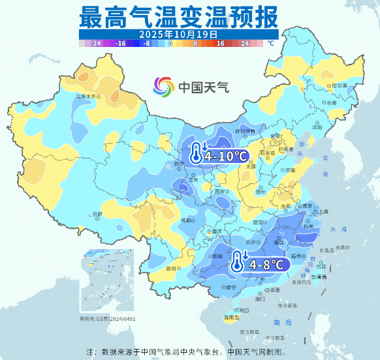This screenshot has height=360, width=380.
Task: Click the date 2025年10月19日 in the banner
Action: (x=178, y=33)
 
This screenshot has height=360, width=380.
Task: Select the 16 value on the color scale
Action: (x=220, y=44)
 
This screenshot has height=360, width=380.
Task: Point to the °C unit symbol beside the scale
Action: (x=270, y=44)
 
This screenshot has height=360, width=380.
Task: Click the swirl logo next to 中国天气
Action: (x=164, y=86)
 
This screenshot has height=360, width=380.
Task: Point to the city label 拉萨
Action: (x=97, y=214)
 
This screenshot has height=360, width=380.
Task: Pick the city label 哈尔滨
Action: (x=338, y=85)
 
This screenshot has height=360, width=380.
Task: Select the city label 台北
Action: (x=321, y=266)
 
